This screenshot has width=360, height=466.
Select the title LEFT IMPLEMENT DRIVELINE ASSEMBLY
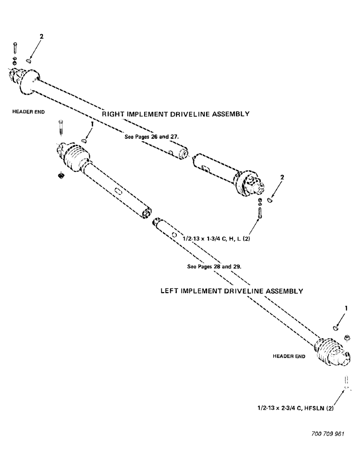[232, 291]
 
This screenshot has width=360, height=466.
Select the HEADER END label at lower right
[289, 356]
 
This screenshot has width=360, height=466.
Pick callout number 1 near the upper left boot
[92, 124]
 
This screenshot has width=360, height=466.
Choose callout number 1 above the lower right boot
[345, 308]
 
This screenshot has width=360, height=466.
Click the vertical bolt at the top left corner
[15, 48]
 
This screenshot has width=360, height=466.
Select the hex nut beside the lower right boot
[346, 336]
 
